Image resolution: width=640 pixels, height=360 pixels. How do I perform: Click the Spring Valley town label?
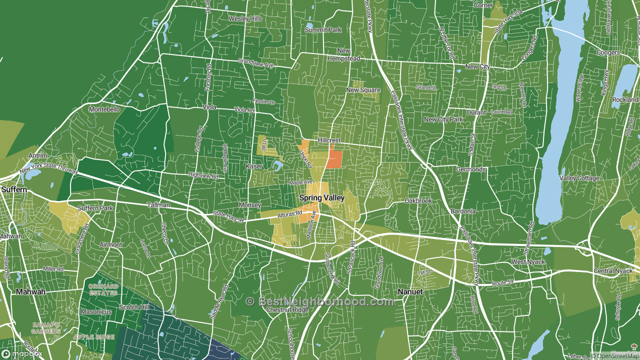click(x=321, y=198)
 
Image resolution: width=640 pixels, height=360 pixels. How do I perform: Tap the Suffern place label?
click(x=13, y=189)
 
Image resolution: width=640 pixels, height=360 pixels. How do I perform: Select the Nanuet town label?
click(x=410, y=291)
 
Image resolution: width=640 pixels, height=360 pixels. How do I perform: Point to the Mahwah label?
click(x=30, y=291)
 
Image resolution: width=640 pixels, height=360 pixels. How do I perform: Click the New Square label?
click(x=363, y=90)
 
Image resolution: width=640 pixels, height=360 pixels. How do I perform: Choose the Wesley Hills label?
click(x=245, y=19)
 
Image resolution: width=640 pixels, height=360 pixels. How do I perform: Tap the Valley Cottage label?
click(x=579, y=178)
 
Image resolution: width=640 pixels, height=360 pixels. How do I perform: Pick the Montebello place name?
click(x=104, y=109)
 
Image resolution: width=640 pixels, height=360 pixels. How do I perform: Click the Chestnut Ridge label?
click(x=287, y=310)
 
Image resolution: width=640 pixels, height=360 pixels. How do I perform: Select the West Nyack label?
click(x=527, y=262)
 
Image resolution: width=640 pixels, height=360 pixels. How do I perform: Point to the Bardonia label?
click(x=462, y=211)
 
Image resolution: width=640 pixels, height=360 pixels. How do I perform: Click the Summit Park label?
click(x=323, y=30)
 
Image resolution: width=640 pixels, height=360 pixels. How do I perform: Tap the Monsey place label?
click(x=249, y=205)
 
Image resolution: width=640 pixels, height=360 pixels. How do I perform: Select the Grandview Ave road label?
click(x=256, y=63)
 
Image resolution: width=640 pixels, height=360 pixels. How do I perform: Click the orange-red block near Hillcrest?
click(x=334, y=159)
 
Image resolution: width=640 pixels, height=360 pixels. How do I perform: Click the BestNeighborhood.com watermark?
click(x=320, y=301)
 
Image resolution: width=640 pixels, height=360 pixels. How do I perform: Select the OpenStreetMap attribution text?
click(x=614, y=355)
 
